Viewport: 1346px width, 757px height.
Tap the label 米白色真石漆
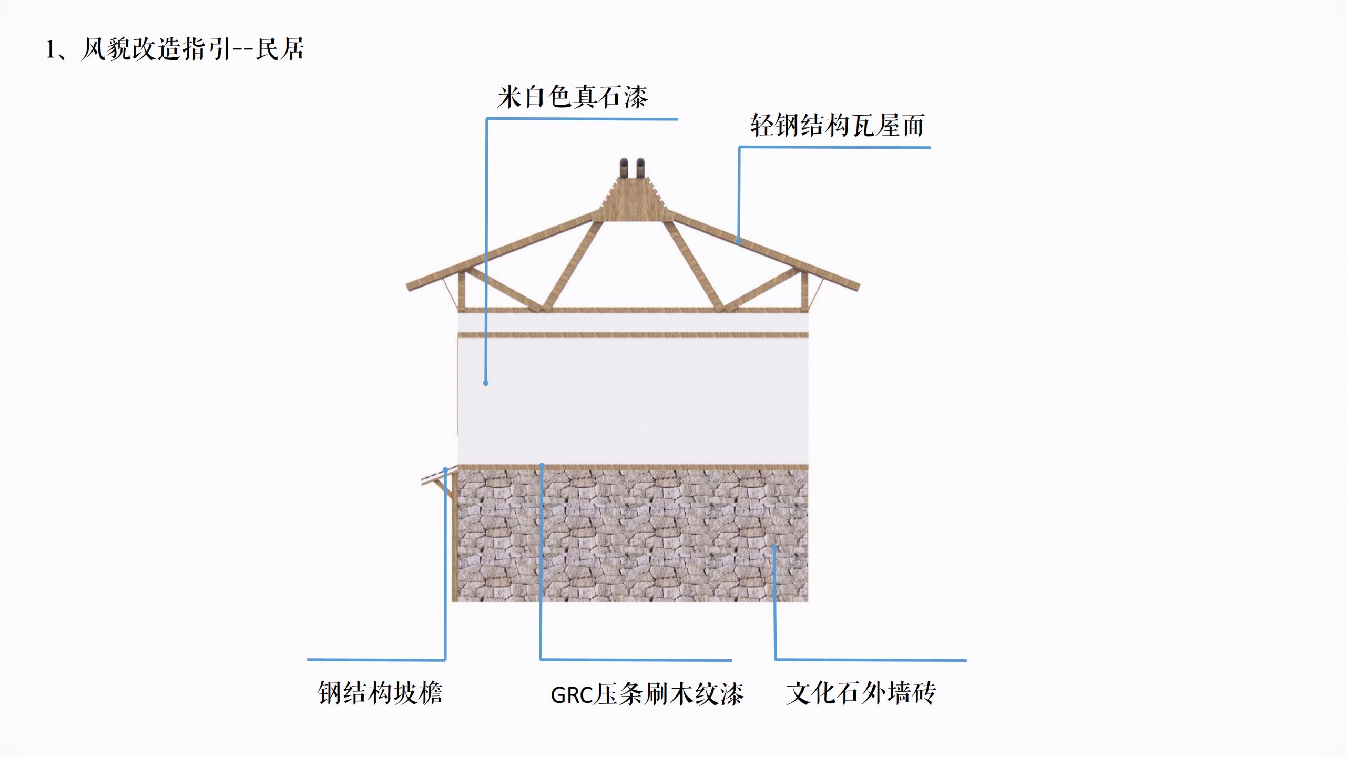[x=572, y=97]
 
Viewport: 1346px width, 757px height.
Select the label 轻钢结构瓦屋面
[x=837, y=126]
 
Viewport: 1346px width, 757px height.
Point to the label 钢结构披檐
[x=380, y=693]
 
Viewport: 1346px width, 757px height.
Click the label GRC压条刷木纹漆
[x=647, y=694]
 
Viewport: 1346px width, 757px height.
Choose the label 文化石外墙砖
[x=861, y=693]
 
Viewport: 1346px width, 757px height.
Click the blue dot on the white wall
[x=486, y=383]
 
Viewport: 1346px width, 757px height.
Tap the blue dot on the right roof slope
[x=739, y=241]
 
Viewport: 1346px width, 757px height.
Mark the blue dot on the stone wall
[x=774, y=548]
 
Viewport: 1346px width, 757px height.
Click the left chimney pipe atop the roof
[x=624, y=168]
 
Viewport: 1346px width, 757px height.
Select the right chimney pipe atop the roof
[x=641, y=168]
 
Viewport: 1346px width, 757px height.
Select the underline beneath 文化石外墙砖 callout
[x=871, y=660]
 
